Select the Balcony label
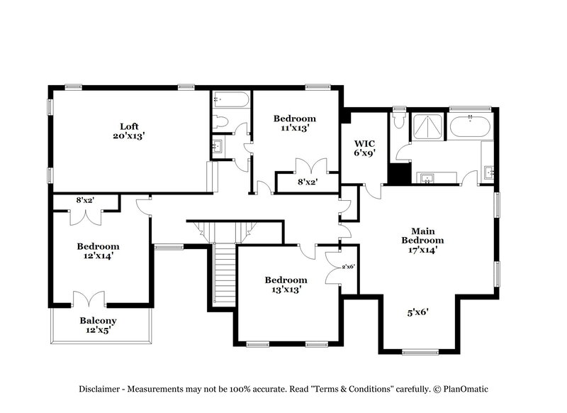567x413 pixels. click(98, 320)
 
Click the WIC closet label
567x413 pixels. click(364, 142)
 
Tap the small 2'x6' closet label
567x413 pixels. click(348, 267)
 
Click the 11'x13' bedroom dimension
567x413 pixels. click(295, 128)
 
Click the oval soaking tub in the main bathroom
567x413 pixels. click(470, 127)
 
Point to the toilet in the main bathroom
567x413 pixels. click(399, 121)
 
